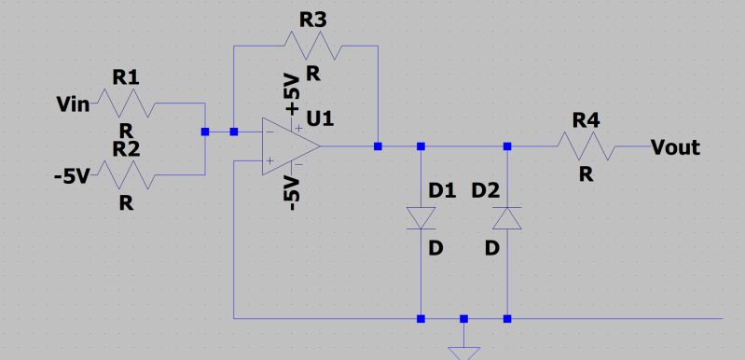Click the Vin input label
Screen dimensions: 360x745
point(73,104)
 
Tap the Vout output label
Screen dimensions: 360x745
point(675,147)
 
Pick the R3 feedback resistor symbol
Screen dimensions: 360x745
point(316,43)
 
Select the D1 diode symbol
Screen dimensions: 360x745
point(421,217)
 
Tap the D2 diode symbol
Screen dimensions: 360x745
point(507,217)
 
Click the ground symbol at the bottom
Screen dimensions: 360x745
point(463,353)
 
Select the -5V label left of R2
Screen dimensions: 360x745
point(71,174)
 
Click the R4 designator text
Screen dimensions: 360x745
point(586,120)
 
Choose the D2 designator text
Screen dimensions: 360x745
point(486,191)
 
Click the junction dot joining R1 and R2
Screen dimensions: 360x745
point(205,132)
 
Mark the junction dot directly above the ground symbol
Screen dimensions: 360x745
point(463,319)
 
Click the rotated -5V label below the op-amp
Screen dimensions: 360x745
point(293,192)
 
